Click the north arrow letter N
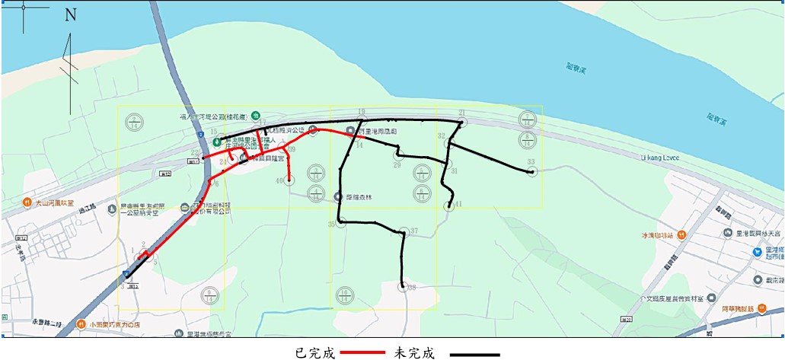(x=71, y=15)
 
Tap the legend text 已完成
(x=314, y=353)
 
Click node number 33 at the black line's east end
(x=532, y=171)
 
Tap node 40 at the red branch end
(x=289, y=180)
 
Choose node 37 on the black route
(x=404, y=232)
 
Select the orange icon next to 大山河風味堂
(x=26, y=203)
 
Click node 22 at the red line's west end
(x=203, y=158)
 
